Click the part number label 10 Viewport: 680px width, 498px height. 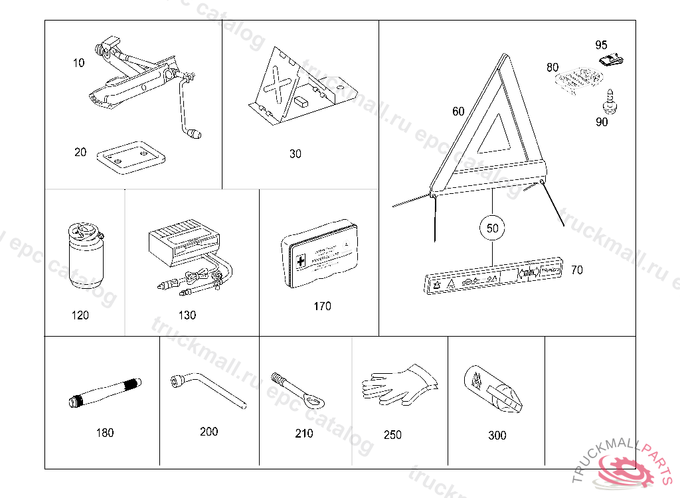pos(79,63)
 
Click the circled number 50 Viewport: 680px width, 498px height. pos(492,228)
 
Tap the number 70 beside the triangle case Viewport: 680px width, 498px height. pos(576,270)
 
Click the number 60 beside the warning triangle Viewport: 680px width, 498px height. pos(458,112)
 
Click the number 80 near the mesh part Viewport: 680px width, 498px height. pos(552,67)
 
